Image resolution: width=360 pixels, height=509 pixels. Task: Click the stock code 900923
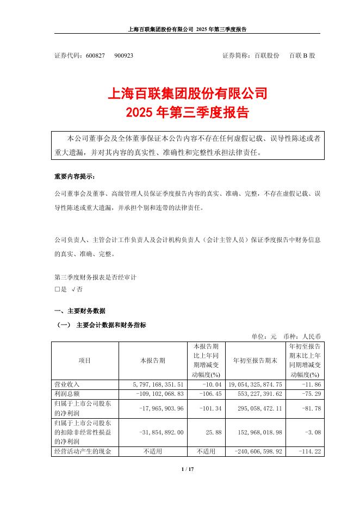pos(124,56)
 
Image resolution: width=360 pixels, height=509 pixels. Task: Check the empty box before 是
pos(57,290)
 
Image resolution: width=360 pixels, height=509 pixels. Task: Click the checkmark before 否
pos(73,290)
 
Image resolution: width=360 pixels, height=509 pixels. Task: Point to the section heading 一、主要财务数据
pos(80,311)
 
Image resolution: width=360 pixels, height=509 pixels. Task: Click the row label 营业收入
pos(67,384)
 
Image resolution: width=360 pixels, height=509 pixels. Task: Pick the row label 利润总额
pos(67,393)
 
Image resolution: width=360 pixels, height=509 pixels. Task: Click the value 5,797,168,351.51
pos(155,384)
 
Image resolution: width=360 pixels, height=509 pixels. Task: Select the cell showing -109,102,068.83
pos(155,393)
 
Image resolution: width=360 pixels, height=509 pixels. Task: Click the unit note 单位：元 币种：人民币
pos(285,336)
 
